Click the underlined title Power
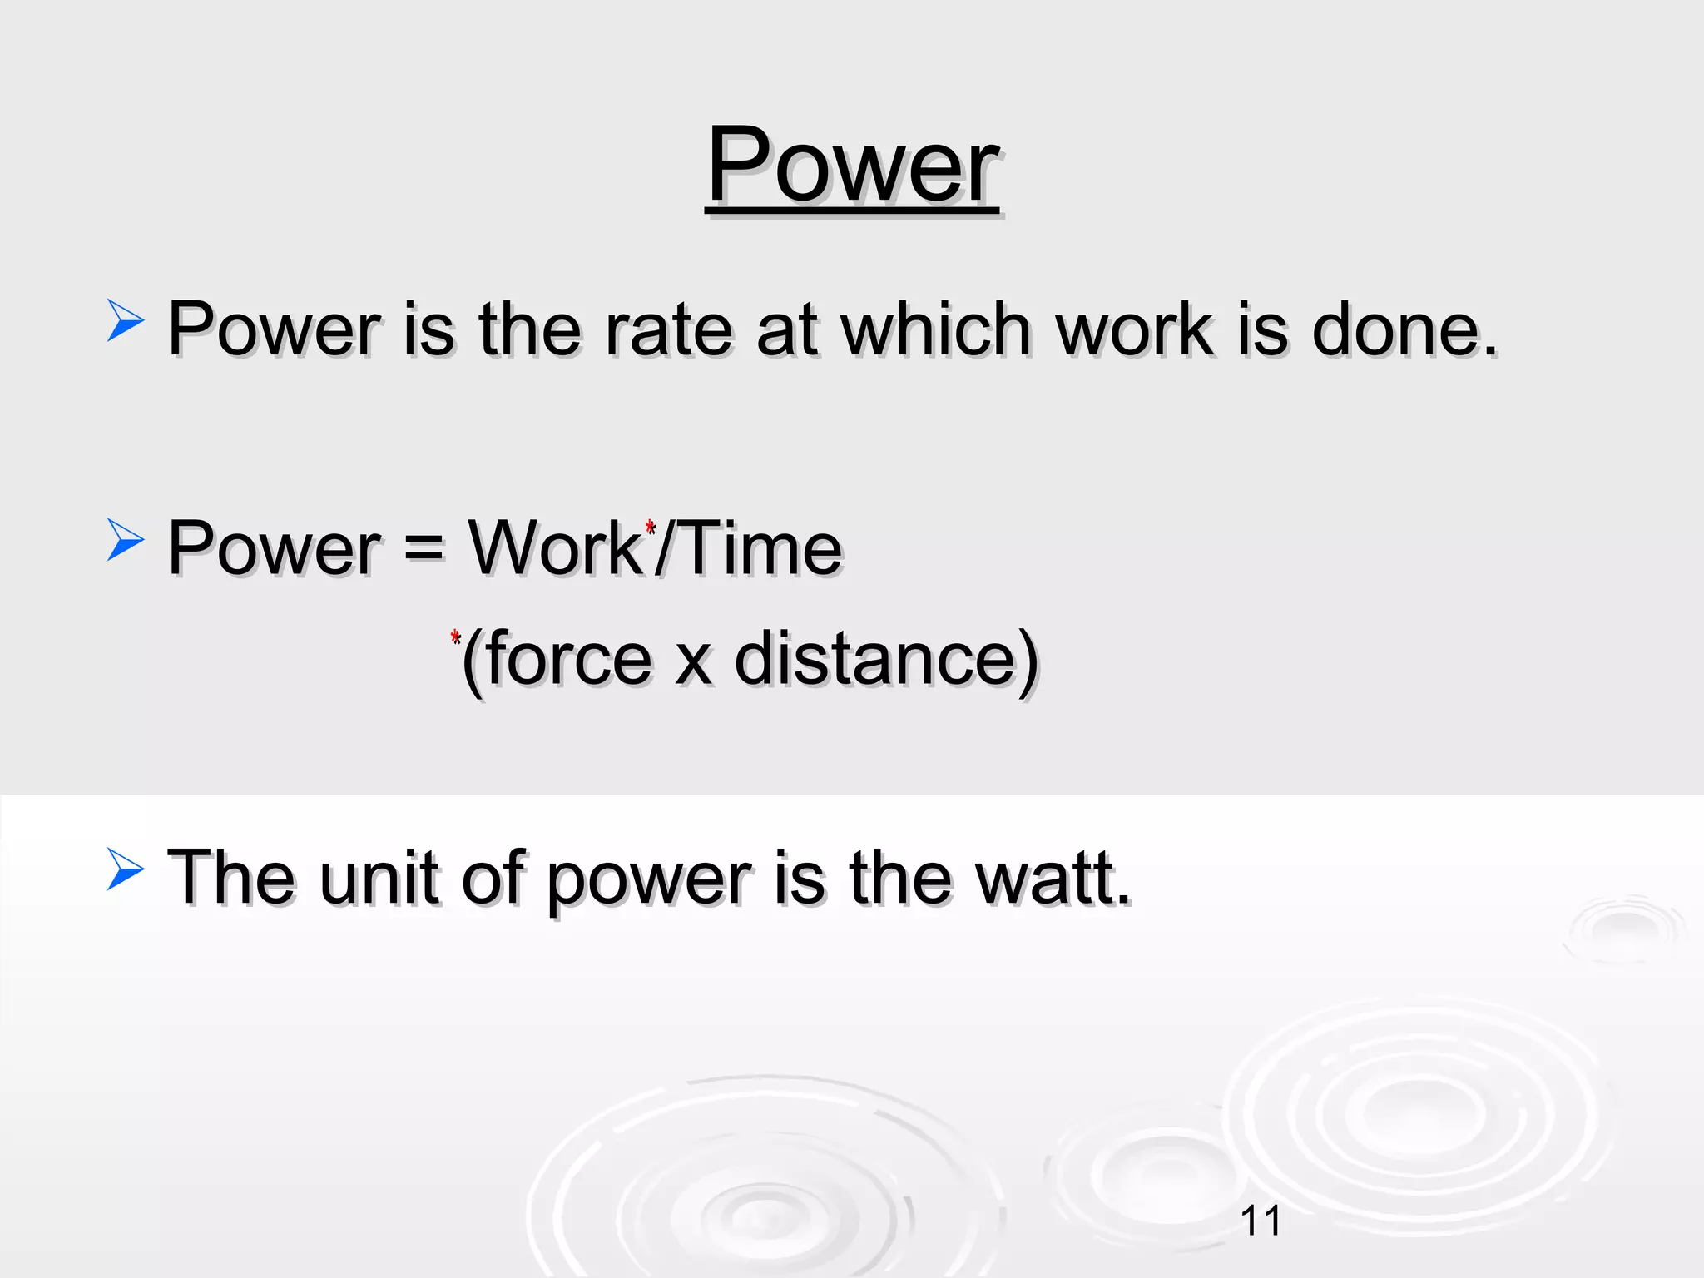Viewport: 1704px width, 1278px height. pyautogui.click(x=852, y=166)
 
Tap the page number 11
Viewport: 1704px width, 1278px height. pyautogui.click(x=1261, y=1221)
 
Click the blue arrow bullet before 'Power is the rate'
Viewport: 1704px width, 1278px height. pyautogui.click(x=125, y=321)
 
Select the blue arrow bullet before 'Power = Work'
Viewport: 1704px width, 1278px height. pyautogui.click(x=125, y=540)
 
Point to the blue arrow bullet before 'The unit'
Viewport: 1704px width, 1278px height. pyautogui.click(x=125, y=869)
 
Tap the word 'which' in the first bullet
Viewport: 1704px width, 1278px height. pyautogui.click(x=937, y=330)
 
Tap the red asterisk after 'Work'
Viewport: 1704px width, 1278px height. pyautogui.click(x=651, y=528)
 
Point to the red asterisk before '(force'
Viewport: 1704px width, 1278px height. pyautogui.click(x=455, y=638)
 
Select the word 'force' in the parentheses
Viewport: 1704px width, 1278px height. pyautogui.click(x=569, y=659)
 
